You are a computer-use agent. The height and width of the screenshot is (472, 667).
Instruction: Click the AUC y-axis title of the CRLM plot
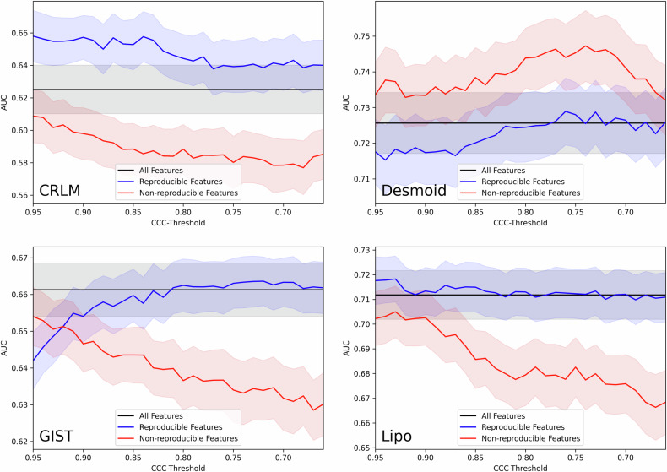click(6, 103)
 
